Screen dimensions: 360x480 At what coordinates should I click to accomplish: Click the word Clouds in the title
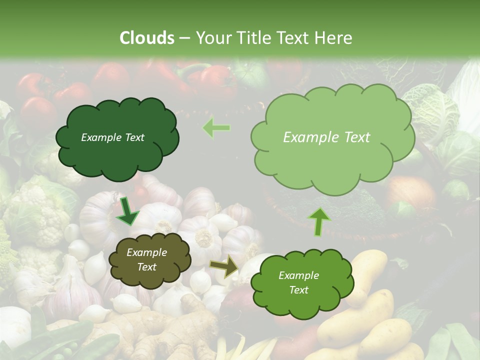tap(147, 38)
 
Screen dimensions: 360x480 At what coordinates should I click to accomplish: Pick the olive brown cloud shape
tap(149, 260)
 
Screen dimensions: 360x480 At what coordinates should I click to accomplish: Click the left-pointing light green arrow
tap(216, 128)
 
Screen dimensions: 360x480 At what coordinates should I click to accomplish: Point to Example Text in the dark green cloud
tap(112, 137)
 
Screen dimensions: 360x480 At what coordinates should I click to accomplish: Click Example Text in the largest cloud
tap(326, 137)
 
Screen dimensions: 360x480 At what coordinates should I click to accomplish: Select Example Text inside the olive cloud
tap(146, 260)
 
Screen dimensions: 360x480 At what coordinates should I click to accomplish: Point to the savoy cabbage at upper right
tap(430, 110)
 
